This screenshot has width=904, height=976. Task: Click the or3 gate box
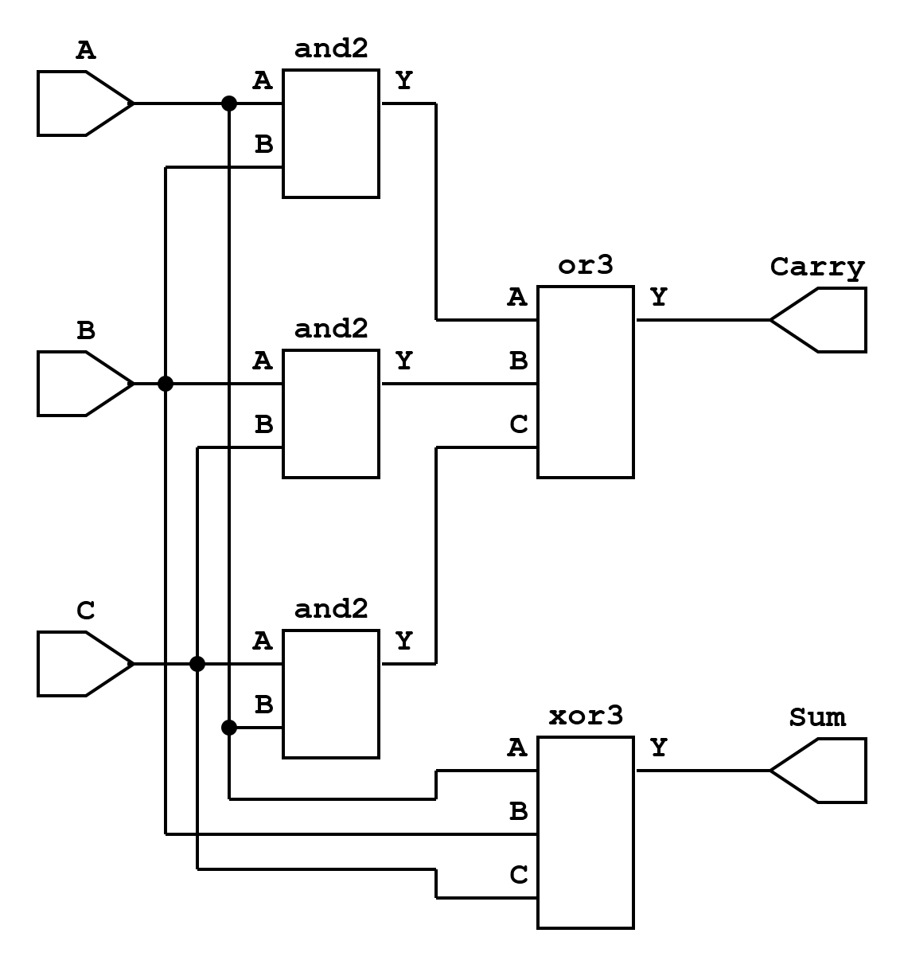586,382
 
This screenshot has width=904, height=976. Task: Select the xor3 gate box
586,833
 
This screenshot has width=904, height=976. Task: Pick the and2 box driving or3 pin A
331,134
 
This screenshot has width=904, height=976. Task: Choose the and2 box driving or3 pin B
331,414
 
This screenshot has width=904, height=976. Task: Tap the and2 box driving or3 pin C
331,694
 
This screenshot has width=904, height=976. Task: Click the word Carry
817,267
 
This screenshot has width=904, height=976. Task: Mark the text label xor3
586,716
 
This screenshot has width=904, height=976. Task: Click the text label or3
586,265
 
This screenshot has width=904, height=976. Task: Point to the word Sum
817,717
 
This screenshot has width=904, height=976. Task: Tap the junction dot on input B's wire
166,384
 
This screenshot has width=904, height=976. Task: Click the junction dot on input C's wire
197,663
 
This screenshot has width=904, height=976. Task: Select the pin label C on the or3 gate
518,425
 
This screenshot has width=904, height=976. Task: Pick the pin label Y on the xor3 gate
658,748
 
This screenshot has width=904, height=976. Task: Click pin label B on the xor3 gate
518,812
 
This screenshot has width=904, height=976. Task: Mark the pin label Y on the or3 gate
658,298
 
